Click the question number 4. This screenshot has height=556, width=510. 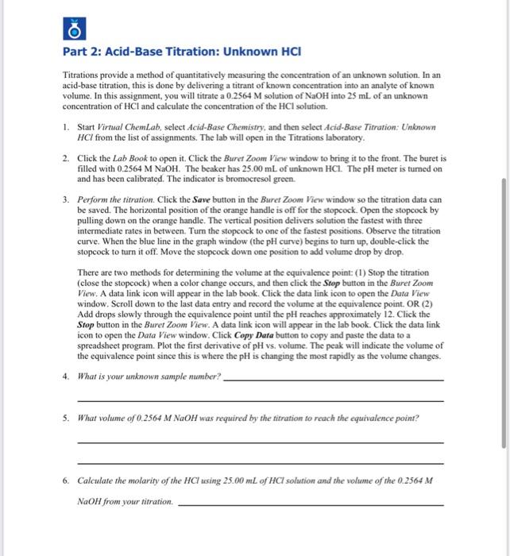point(67,376)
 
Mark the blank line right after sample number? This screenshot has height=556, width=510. point(334,380)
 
